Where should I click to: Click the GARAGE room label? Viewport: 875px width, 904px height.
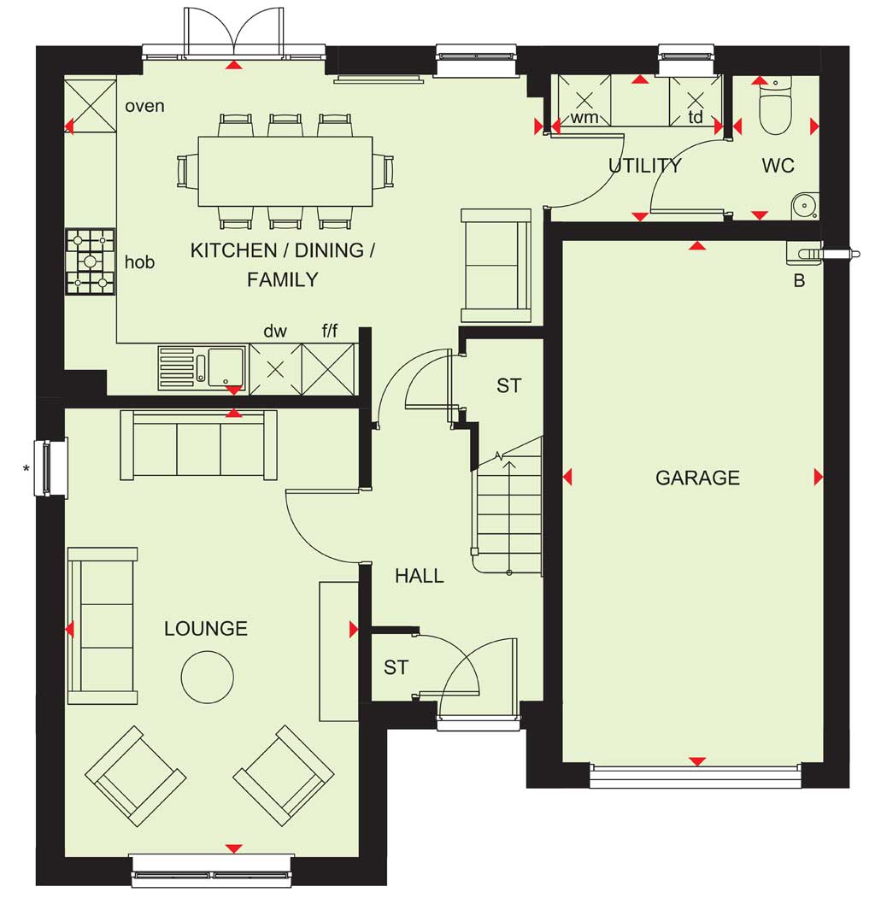(x=697, y=478)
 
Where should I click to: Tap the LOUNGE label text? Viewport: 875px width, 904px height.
(x=206, y=628)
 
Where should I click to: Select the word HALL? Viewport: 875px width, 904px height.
(x=420, y=575)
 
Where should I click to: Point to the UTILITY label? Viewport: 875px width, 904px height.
(x=645, y=166)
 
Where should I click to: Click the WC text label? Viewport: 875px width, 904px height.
(x=778, y=166)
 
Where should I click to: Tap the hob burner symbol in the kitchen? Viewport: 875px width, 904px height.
(x=91, y=261)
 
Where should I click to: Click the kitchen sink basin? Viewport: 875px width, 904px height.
(x=226, y=366)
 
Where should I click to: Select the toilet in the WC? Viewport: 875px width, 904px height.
(x=776, y=107)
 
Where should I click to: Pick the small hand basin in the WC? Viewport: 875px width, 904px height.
(x=805, y=205)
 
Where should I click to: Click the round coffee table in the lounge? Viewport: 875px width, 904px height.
(x=208, y=677)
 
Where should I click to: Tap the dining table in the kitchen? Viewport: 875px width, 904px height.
(x=285, y=171)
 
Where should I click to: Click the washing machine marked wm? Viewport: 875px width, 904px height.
(x=584, y=101)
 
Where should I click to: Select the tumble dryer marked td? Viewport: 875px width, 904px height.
(x=696, y=101)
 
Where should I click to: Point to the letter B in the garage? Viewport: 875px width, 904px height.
(x=799, y=281)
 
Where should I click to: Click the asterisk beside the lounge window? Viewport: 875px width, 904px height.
(x=26, y=469)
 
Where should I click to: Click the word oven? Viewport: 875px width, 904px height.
(x=144, y=106)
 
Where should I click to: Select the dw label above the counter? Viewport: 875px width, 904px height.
(x=275, y=331)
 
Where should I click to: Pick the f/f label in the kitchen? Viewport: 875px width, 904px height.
(x=330, y=331)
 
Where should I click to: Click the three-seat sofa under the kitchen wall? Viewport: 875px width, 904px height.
(x=199, y=445)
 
